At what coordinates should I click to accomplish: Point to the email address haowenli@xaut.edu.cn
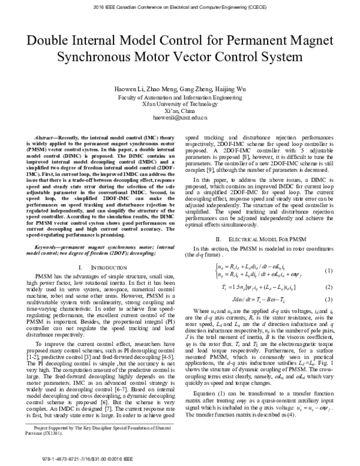179,118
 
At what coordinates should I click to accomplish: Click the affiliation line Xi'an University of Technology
179,103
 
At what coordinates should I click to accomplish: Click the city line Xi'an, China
179,110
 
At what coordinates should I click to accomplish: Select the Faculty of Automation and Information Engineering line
179,96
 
